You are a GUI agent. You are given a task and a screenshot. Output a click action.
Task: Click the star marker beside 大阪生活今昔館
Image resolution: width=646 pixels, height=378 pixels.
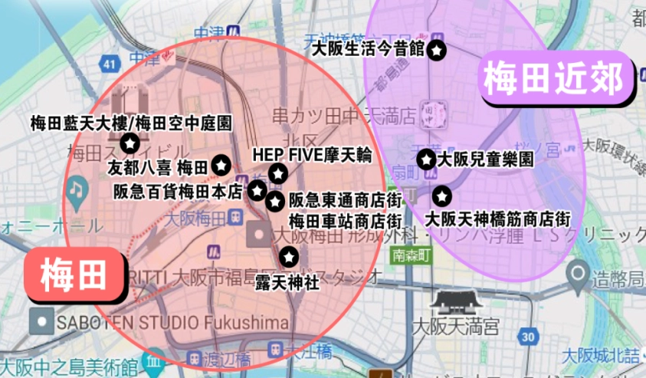[x=436, y=51]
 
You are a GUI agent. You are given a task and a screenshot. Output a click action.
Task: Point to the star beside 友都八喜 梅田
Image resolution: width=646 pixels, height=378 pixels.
[x=221, y=164]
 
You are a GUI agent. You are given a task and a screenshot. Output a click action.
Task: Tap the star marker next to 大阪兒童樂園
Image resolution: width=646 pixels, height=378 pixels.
[x=425, y=159]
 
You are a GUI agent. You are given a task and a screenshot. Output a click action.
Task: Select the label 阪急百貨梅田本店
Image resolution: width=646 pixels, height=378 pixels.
[x=178, y=190]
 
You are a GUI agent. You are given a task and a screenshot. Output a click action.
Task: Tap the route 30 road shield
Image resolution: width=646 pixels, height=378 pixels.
[x=526, y=336]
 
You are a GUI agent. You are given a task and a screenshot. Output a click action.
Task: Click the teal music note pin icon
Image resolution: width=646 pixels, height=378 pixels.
[x=76, y=189]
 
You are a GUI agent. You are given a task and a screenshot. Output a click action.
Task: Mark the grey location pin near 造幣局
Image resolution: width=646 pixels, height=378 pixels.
[x=579, y=271]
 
